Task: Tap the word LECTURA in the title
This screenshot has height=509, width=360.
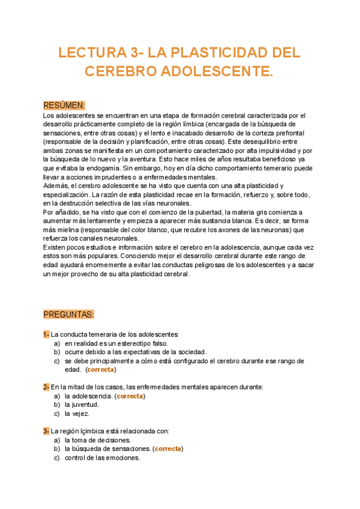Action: [89, 53]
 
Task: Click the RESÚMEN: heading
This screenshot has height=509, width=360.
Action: [64, 105]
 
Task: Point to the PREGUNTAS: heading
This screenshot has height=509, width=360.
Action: [68, 314]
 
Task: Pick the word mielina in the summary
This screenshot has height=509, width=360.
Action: [69, 230]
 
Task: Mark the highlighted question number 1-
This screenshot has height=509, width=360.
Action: [46, 334]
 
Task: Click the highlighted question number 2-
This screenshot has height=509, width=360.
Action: [46, 387]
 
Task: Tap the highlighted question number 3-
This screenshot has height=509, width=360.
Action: [46, 431]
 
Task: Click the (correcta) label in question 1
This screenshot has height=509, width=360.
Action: [101, 370]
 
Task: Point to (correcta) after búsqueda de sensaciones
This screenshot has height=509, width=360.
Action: [168, 448]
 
